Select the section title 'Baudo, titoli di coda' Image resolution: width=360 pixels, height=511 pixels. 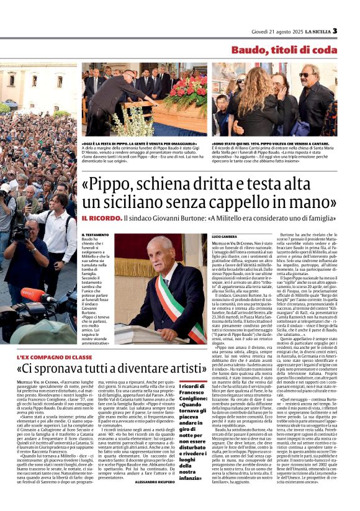(x=284, y=50)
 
